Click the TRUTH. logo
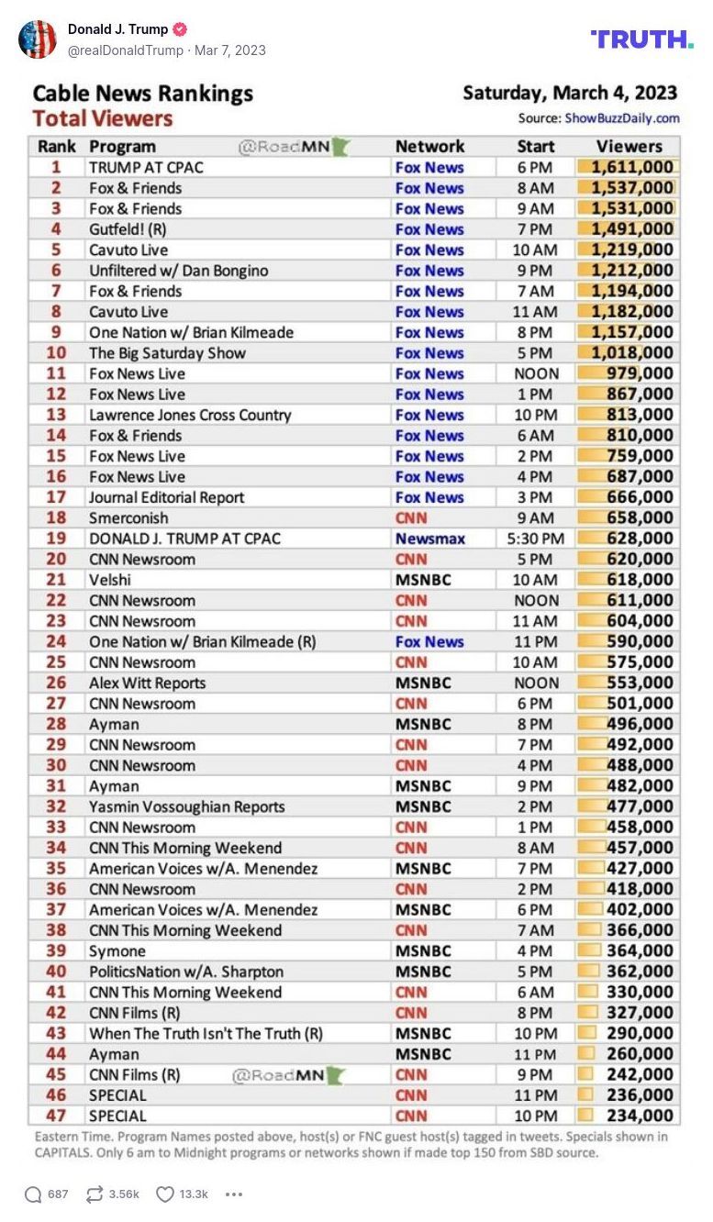click(x=641, y=39)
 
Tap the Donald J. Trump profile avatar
click(x=38, y=39)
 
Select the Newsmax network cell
click(x=429, y=539)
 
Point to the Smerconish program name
click(x=128, y=518)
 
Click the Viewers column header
click(x=629, y=146)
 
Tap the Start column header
click(x=535, y=146)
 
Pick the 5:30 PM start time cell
click(x=535, y=539)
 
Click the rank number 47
click(x=56, y=1116)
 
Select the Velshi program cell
click(x=110, y=580)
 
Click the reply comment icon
click(x=33, y=1194)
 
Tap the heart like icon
click(x=165, y=1194)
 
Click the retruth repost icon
click(x=94, y=1194)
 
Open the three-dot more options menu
click(x=234, y=1194)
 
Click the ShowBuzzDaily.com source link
click(x=621, y=117)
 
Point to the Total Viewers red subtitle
click(x=102, y=118)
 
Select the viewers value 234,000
click(x=639, y=1116)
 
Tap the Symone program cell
click(x=117, y=951)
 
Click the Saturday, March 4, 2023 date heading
click(x=569, y=94)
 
